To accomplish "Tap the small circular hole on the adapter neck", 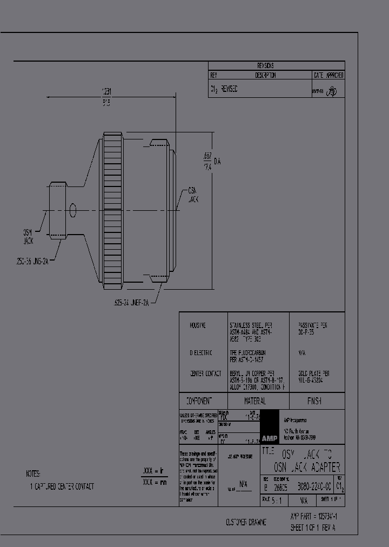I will click(x=73, y=210).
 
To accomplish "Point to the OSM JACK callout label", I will click(x=28, y=236).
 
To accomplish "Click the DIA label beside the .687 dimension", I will click(x=218, y=161).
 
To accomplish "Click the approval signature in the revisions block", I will click(x=332, y=92).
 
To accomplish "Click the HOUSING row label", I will click(x=198, y=326).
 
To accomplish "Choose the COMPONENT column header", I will click(x=199, y=401).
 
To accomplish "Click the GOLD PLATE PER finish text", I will click(x=314, y=373).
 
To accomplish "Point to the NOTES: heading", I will click(x=33, y=473).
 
